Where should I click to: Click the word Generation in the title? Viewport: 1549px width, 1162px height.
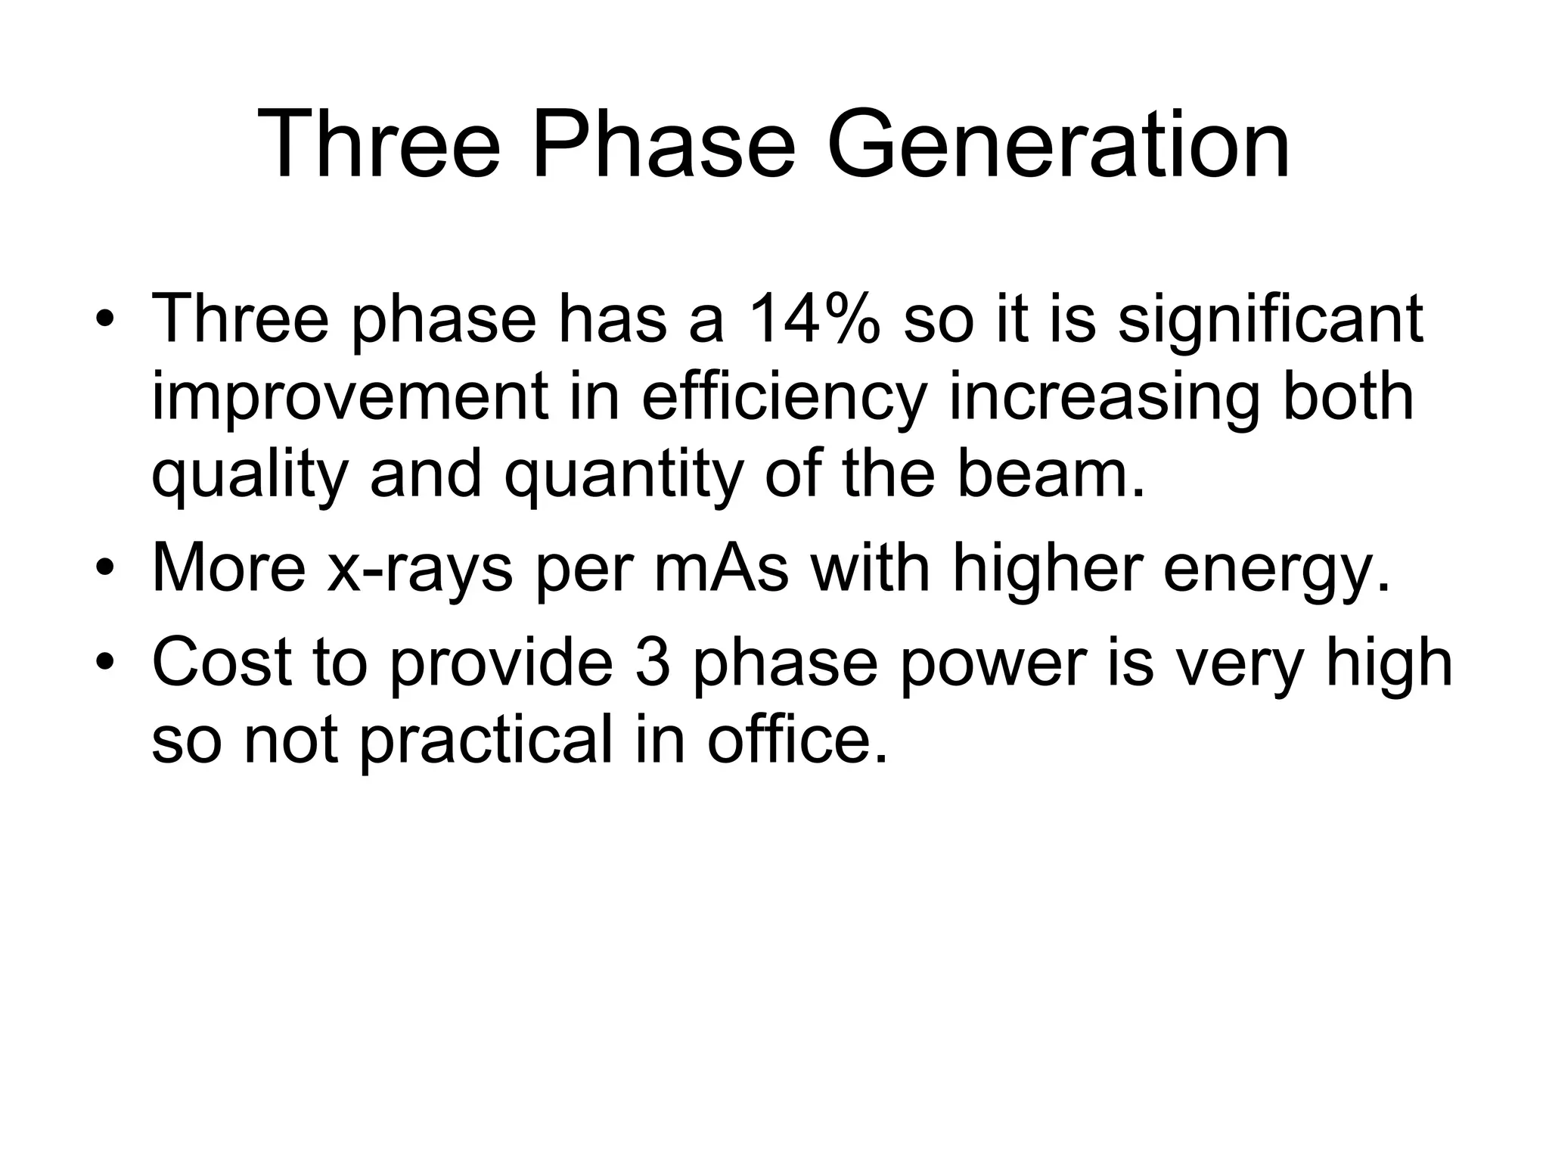pos(1058,144)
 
